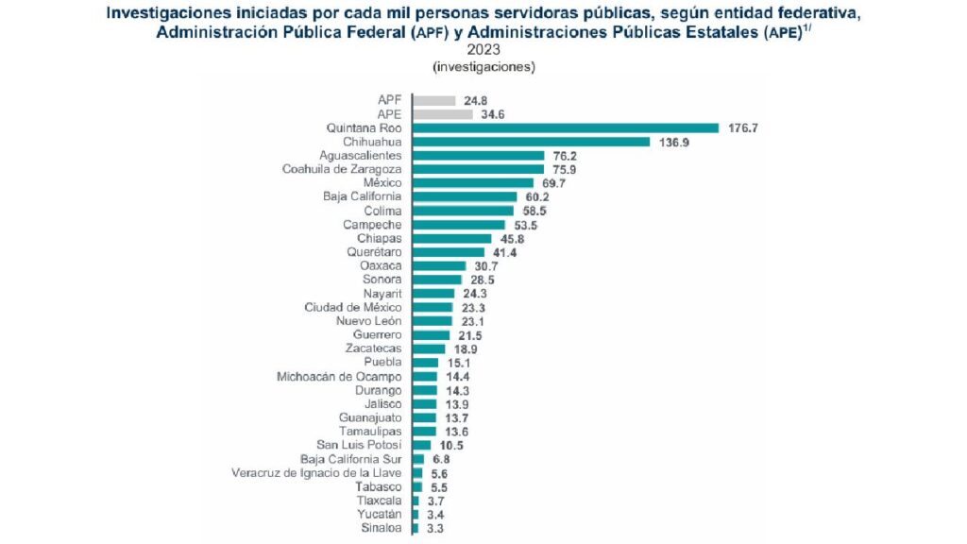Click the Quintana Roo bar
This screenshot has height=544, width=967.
pos(565,127)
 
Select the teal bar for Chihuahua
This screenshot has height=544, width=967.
pos(531,142)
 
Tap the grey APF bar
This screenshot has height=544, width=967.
pos(433,100)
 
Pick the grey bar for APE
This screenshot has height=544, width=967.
pos(442,114)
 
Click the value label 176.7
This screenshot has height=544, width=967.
pos(743,127)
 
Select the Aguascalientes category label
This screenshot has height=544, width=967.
pos(361,155)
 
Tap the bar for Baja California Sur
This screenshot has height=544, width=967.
pos(417,459)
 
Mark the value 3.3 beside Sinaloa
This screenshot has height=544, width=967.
pos(434,529)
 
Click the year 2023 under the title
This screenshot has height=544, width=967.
pos(483,50)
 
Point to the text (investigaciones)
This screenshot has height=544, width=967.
pos(483,67)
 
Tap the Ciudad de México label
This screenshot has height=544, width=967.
pos(353,307)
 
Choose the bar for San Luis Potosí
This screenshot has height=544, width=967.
pos(421,445)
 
